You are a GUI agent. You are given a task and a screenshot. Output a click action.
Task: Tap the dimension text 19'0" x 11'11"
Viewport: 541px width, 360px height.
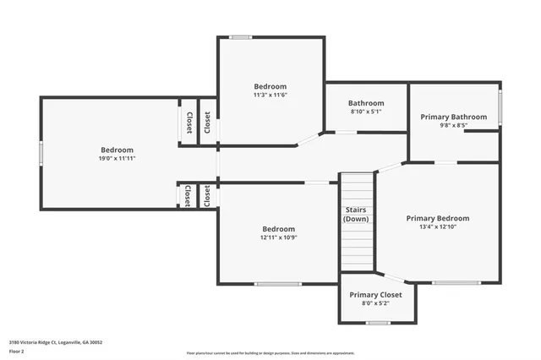tap(118, 158)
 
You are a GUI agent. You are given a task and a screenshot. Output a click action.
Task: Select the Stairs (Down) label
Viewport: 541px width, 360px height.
tap(356, 214)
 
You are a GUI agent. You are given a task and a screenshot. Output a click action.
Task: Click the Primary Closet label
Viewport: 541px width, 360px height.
tap(376, 294)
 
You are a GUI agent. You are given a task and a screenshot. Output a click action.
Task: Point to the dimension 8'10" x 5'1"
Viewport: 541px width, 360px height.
tap(367, 112)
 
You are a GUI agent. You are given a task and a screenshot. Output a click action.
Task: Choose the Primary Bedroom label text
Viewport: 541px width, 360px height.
tap(437, 218)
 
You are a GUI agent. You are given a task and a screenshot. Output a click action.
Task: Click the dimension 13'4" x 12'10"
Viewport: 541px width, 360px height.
tap(437, 226)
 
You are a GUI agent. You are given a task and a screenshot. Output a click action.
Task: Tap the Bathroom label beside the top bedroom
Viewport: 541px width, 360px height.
tap(367, 103)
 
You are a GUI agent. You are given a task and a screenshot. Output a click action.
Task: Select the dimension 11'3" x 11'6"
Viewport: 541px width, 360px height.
tap(270, 95)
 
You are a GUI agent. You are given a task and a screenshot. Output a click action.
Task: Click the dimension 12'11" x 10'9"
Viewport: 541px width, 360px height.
tap(278, 237)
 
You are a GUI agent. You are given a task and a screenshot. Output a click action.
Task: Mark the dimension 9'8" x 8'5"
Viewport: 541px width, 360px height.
tap(454, 125)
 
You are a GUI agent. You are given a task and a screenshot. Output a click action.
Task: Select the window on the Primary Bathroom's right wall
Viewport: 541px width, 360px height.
tap(500, 106)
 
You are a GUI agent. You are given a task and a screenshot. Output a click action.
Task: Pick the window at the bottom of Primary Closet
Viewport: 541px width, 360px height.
tap(378, 322)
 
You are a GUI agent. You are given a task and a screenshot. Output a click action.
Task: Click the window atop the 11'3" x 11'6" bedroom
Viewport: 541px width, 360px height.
tap(241, 36)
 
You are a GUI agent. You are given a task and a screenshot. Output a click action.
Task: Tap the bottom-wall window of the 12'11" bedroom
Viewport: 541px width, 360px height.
tap(278, 283)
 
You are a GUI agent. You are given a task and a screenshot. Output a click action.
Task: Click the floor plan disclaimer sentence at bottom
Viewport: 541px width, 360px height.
tap(270, 353)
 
